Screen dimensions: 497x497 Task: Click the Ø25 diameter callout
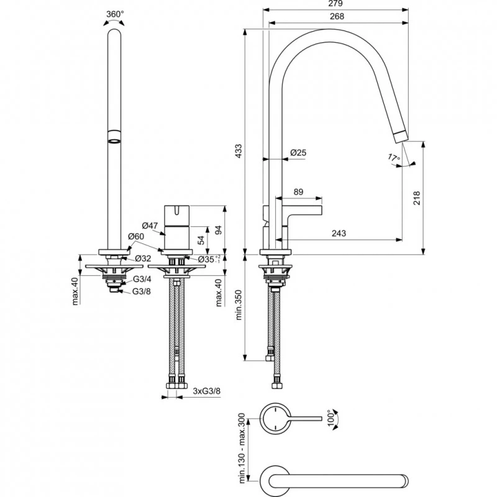(299, 153)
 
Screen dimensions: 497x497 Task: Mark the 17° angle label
(393, 158)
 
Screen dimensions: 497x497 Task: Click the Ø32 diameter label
(143, 258)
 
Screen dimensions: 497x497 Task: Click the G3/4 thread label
(141, 280)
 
